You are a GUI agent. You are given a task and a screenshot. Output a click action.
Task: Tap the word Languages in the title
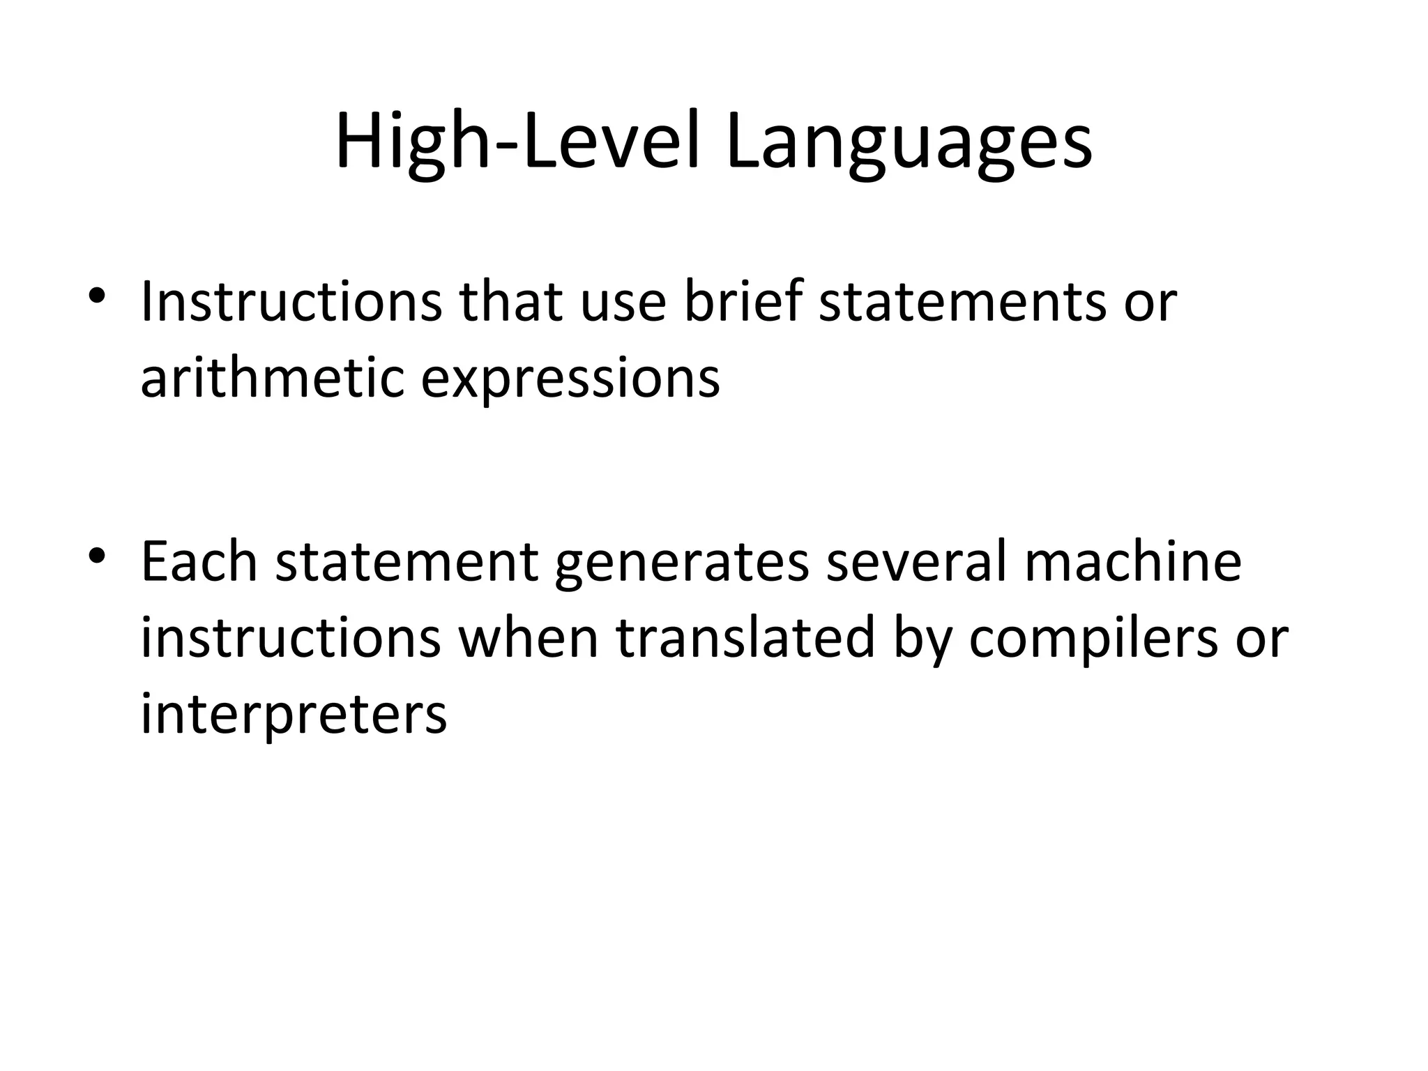(x=909, y=144)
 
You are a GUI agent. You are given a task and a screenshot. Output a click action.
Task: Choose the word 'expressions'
(x=570, y=380)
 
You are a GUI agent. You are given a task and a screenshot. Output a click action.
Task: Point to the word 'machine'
(x=1133, y=561)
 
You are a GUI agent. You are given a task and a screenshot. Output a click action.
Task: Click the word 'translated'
(x=745, y=637)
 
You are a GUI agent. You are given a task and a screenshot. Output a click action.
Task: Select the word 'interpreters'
(x=294, y=715)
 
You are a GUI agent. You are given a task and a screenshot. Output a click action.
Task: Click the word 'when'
(x=528, y=637)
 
